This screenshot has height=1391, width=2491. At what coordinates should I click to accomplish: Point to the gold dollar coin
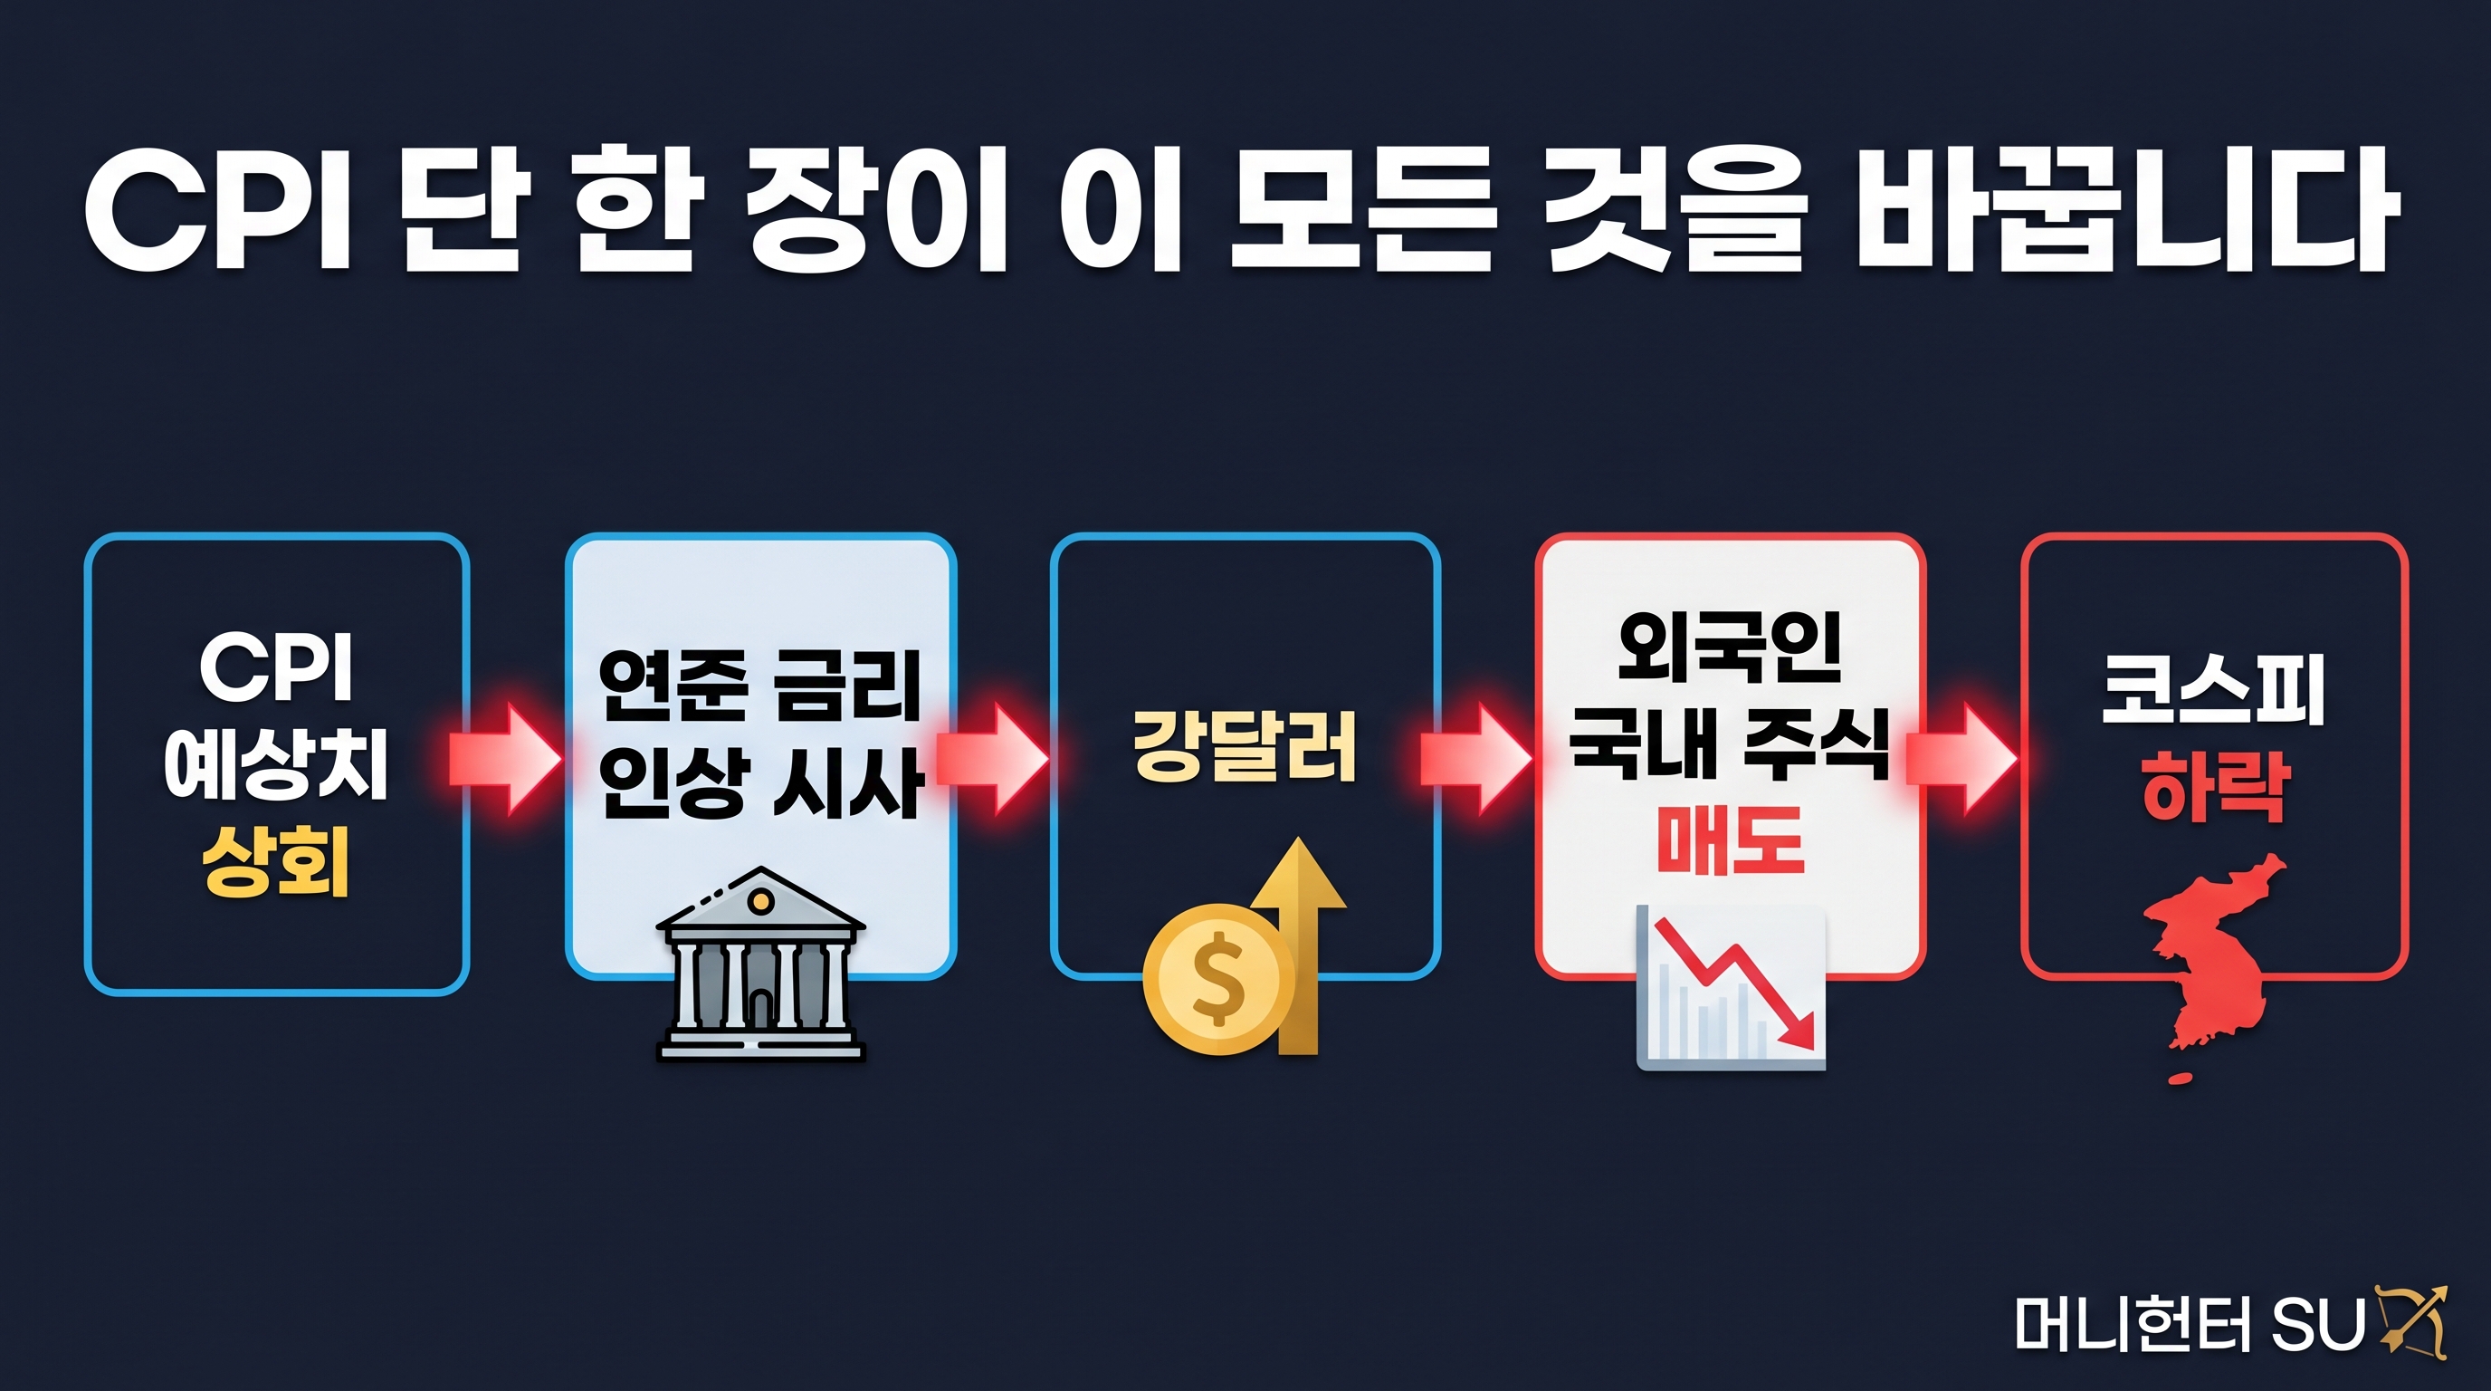pyautogui.click(x=1219, y=979)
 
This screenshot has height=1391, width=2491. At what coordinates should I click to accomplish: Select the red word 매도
pyautogui.click(x=1730, y=839)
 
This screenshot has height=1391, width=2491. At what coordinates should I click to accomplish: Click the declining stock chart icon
pyautogui.click(x=1731, y=988)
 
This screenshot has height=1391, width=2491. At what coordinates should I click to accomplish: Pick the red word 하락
pyautogui.click(x=2214, y=786)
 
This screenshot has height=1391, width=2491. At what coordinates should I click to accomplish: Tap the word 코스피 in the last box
pyautogui.click(x=2213, y=690)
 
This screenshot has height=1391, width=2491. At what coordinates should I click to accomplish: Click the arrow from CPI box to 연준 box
pyautogui.click(x=506, y=759)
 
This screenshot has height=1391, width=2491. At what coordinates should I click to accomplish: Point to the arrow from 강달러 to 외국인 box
pyautogui.click(x=1477, y=759)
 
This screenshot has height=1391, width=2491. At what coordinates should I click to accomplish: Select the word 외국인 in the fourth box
pyautogui.click(x=1730, y=647)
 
